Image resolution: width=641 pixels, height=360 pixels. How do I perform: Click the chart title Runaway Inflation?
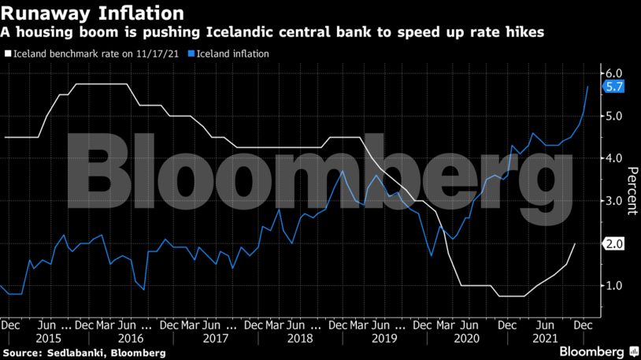click(x=94, y=13)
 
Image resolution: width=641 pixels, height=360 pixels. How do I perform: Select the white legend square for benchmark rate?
click(x=7, y=54)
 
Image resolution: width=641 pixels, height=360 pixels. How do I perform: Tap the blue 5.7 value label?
click(x=614, y=87)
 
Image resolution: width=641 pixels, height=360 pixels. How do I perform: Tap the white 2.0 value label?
click(x=614, y=244)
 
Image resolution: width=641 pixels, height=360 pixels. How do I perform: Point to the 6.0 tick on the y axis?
click(x=613, y=73)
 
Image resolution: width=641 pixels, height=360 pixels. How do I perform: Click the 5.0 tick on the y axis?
click(x=613, y=116)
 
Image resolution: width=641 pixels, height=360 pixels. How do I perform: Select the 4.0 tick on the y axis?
click(x=613, y=158)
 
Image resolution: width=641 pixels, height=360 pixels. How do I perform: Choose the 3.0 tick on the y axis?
click(x=613, y=201)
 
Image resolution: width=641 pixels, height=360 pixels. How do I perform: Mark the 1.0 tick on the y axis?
click(x=613, y=285)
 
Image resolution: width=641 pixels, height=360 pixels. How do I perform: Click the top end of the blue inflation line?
click(x=587, y=86)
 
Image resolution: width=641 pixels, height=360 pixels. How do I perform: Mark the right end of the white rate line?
click(x=575, y=244)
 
